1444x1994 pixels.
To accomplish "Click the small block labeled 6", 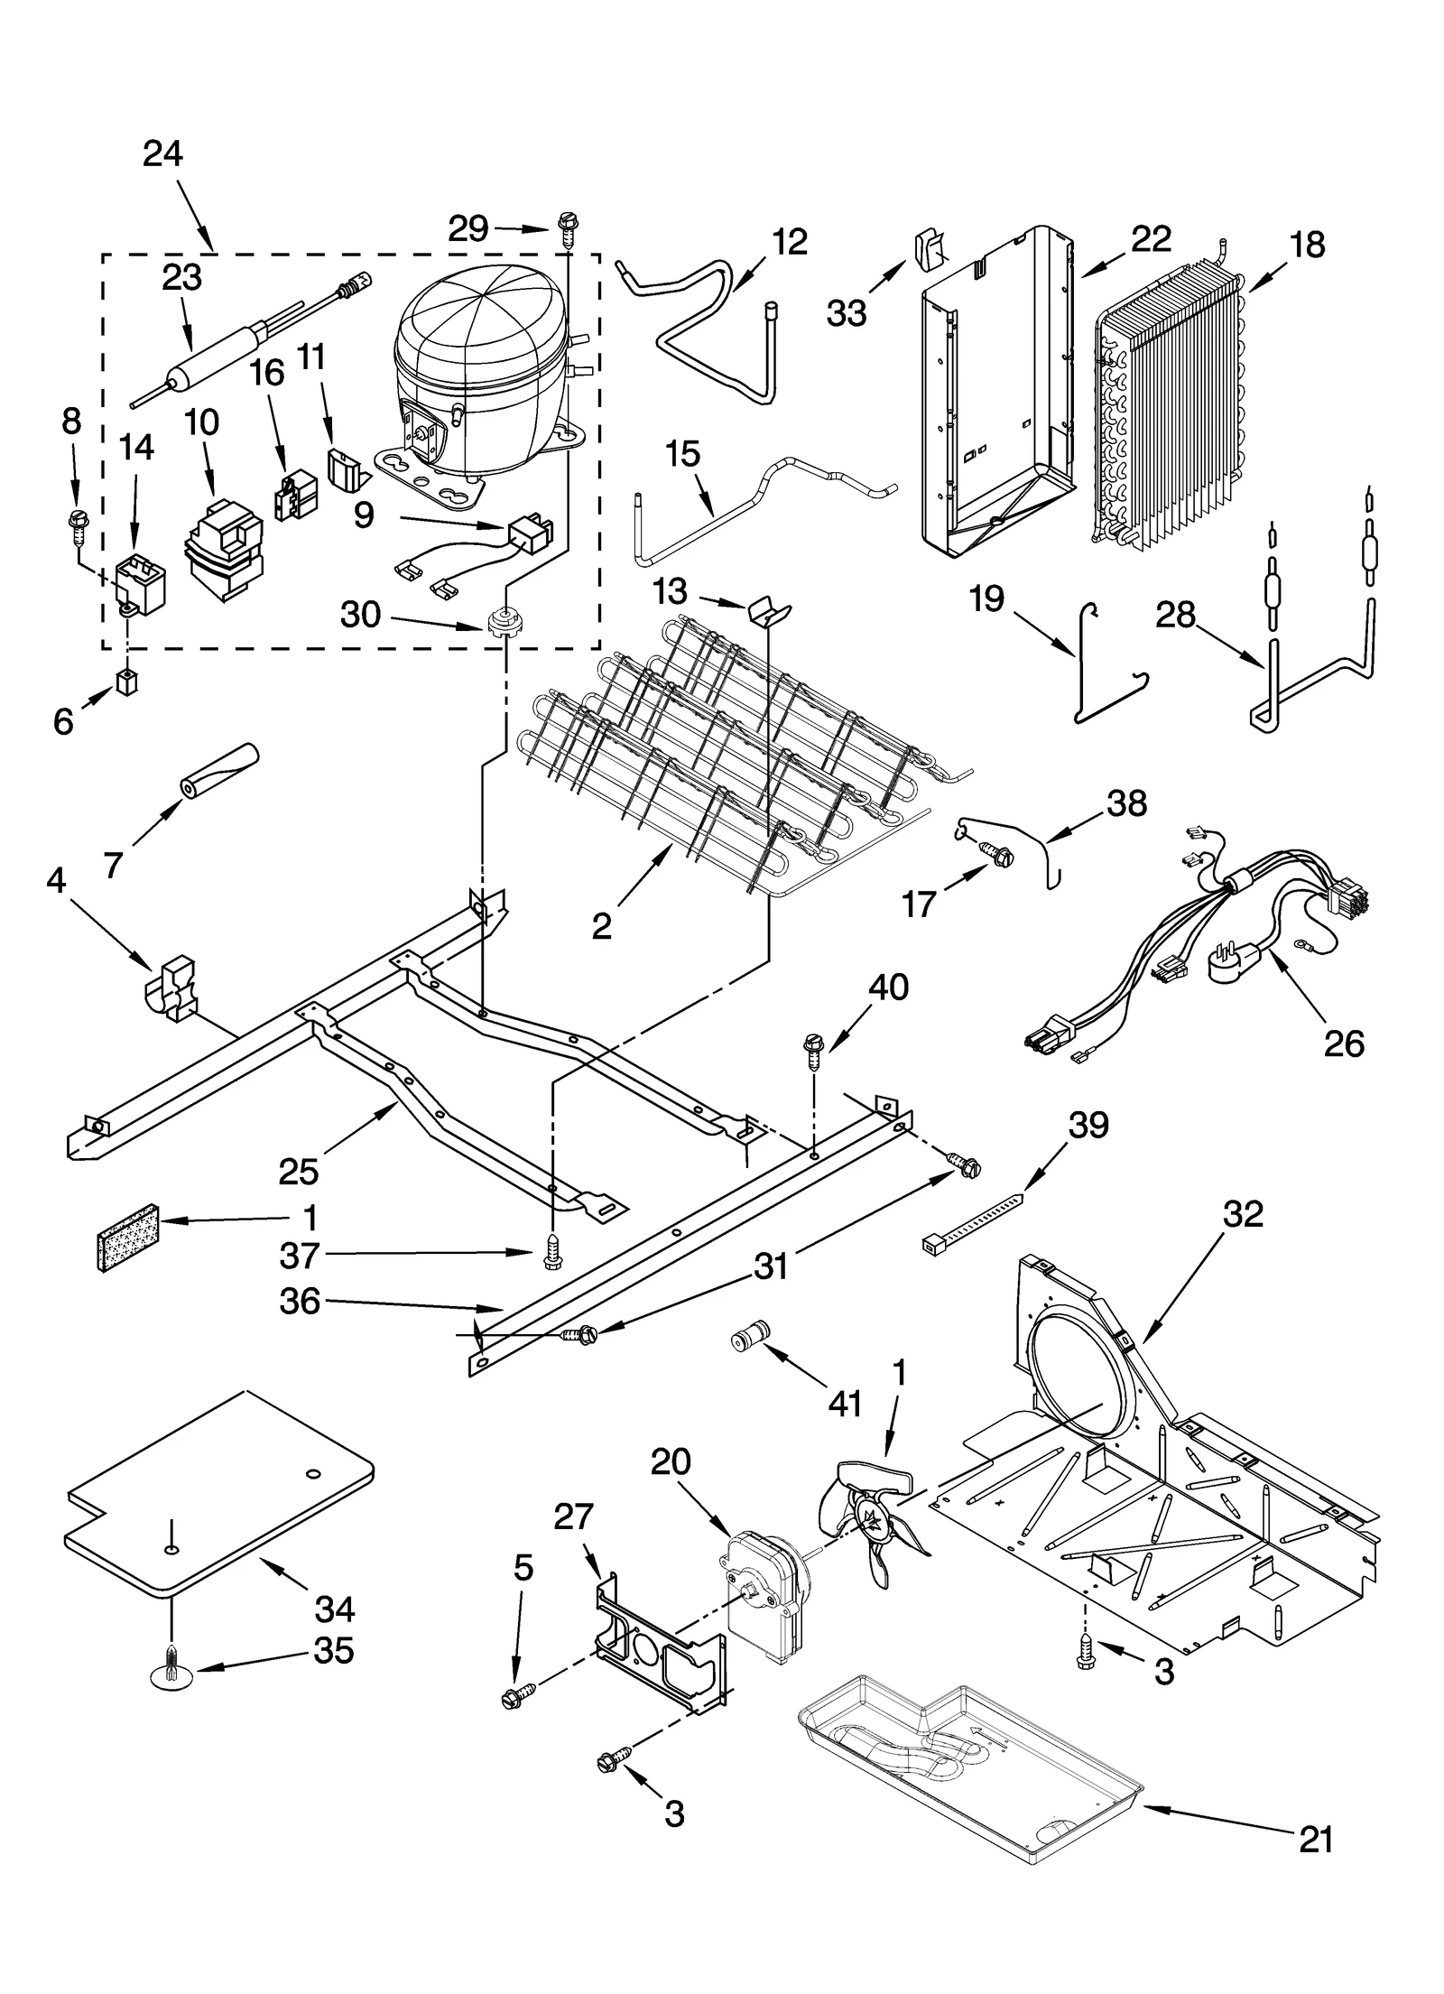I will click(127, 683).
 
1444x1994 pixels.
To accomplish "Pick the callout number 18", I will click(1307, 245).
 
